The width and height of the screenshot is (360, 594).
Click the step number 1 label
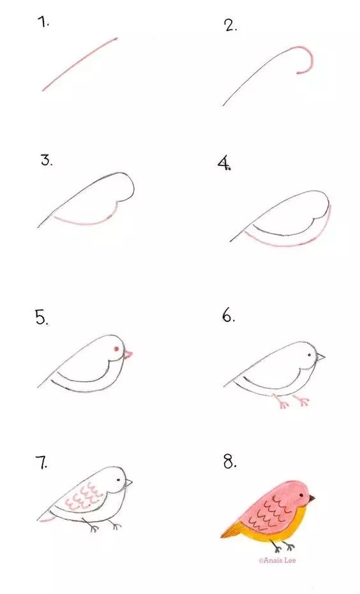tap(43, 22)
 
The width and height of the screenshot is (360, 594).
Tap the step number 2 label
tap(230, 26)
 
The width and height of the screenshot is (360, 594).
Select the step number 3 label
tap(47, 160)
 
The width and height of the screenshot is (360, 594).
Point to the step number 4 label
tap(224, 164)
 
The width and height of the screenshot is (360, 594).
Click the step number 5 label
tap(42, 317)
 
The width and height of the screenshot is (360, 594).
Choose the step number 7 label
tap(43, 463)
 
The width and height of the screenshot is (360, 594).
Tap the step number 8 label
tap(230, 462)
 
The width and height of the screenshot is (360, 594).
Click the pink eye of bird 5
tap(117, 349)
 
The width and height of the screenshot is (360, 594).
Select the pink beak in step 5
tap(128, 354)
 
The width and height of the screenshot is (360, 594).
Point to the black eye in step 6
tap(310, 355)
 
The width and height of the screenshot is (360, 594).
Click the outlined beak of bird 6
tap(320, 356)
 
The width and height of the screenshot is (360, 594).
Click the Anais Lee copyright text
tap(277, 560)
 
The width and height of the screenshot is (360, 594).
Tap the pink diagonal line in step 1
tap(80, 63)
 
